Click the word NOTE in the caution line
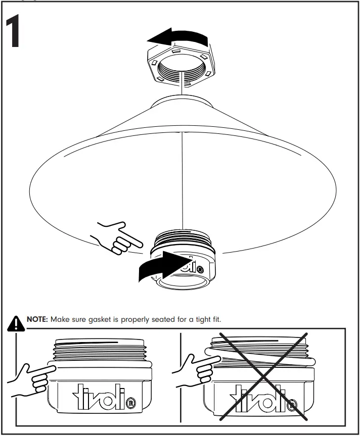pos(37,320)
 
